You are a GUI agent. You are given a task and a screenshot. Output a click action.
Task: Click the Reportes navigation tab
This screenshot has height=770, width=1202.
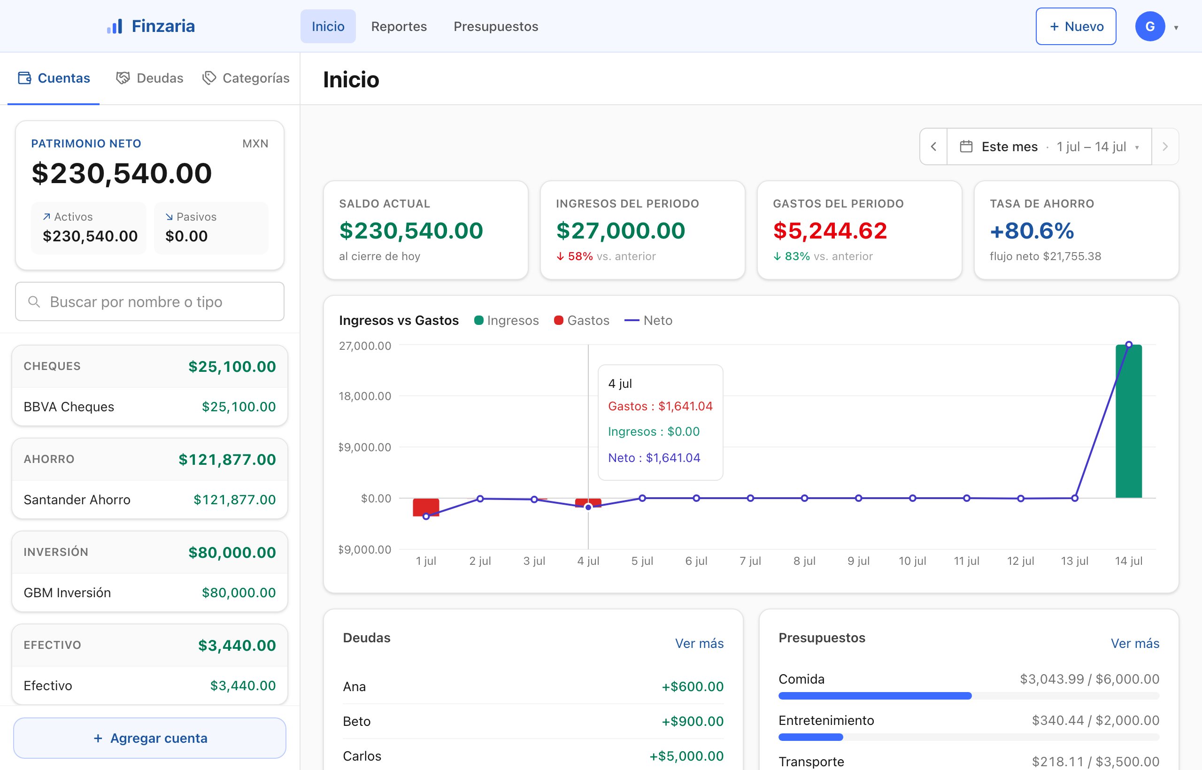coord(399,26)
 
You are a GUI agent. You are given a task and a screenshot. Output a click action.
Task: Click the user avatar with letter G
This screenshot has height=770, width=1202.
coord(1149,26)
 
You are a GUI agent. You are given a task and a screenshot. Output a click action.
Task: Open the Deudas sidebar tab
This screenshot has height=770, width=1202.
coord(149,78)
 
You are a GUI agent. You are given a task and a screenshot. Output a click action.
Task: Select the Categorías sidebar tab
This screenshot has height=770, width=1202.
coord(246,78)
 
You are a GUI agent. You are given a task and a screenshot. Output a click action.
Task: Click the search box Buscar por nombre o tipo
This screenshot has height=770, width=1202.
coord(149,301)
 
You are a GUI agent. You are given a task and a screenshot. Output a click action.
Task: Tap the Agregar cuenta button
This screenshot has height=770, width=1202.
coord(149,738)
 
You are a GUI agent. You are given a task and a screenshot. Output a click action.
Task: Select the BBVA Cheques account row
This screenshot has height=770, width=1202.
coord(149,407)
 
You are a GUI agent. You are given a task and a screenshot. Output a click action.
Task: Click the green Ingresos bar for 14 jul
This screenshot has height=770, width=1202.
coord(1128,421)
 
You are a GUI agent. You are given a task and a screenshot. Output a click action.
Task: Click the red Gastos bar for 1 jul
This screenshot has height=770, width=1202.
coord(426,507)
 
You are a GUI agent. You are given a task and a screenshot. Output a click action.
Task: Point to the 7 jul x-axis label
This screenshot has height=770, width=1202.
coord(750,561)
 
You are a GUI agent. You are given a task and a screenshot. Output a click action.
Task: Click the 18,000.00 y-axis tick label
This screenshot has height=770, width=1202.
coord(364,396)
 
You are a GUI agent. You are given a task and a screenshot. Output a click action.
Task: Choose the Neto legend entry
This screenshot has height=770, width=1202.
coord(648,321)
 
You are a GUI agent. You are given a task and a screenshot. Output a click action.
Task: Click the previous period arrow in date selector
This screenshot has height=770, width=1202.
coord(933,146)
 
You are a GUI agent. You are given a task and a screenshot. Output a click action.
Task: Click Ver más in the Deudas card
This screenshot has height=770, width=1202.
coord(699,644)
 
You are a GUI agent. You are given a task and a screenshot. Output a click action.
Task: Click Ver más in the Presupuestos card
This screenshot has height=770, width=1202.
coord(1134,644)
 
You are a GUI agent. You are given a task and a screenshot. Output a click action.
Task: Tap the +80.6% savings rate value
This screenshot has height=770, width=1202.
coord(1032,231)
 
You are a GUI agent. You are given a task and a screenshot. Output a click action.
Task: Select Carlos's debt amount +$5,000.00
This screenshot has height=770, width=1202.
coord(686,756)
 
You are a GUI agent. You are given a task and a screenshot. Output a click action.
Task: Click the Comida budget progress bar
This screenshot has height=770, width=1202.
coord(969,696)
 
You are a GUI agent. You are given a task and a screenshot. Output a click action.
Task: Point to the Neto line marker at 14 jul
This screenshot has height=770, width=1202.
coord(1128,345)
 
